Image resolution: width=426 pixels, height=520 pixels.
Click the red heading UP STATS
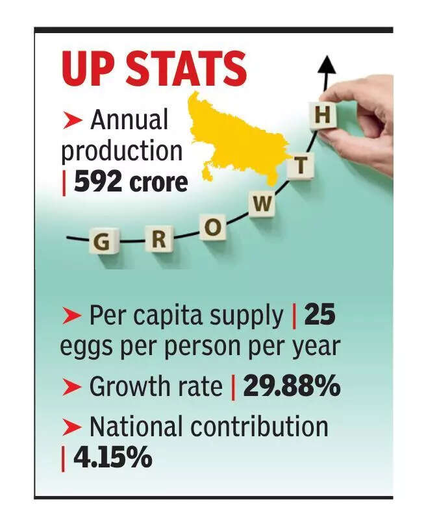(x=154, y=69)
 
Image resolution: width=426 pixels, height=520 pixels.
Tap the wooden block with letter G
(x=101, y=243)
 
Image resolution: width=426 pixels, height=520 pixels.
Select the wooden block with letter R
(x=158, y=240)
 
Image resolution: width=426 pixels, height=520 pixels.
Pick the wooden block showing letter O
(x=212, y=228)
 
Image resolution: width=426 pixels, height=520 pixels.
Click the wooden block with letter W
(x=262, y=204)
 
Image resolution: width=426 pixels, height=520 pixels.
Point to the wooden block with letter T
(x=300, y=166)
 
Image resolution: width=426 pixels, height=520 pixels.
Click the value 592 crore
(x=130, y=182)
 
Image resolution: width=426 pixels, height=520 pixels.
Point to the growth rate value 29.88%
(x=292, y=387)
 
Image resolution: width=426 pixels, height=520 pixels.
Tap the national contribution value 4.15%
(x=112, y=458)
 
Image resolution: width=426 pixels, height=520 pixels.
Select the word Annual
(x=129, y=120)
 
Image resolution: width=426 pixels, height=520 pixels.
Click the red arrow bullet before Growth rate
(x=71, y=388)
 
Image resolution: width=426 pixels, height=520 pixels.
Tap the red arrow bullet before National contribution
(x=71, y=427)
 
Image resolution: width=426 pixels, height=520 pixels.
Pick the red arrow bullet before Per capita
(x=71, y=317)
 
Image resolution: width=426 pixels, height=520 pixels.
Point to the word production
(x=121, y=151)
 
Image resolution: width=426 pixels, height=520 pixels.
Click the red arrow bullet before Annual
(x=73, y=120)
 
